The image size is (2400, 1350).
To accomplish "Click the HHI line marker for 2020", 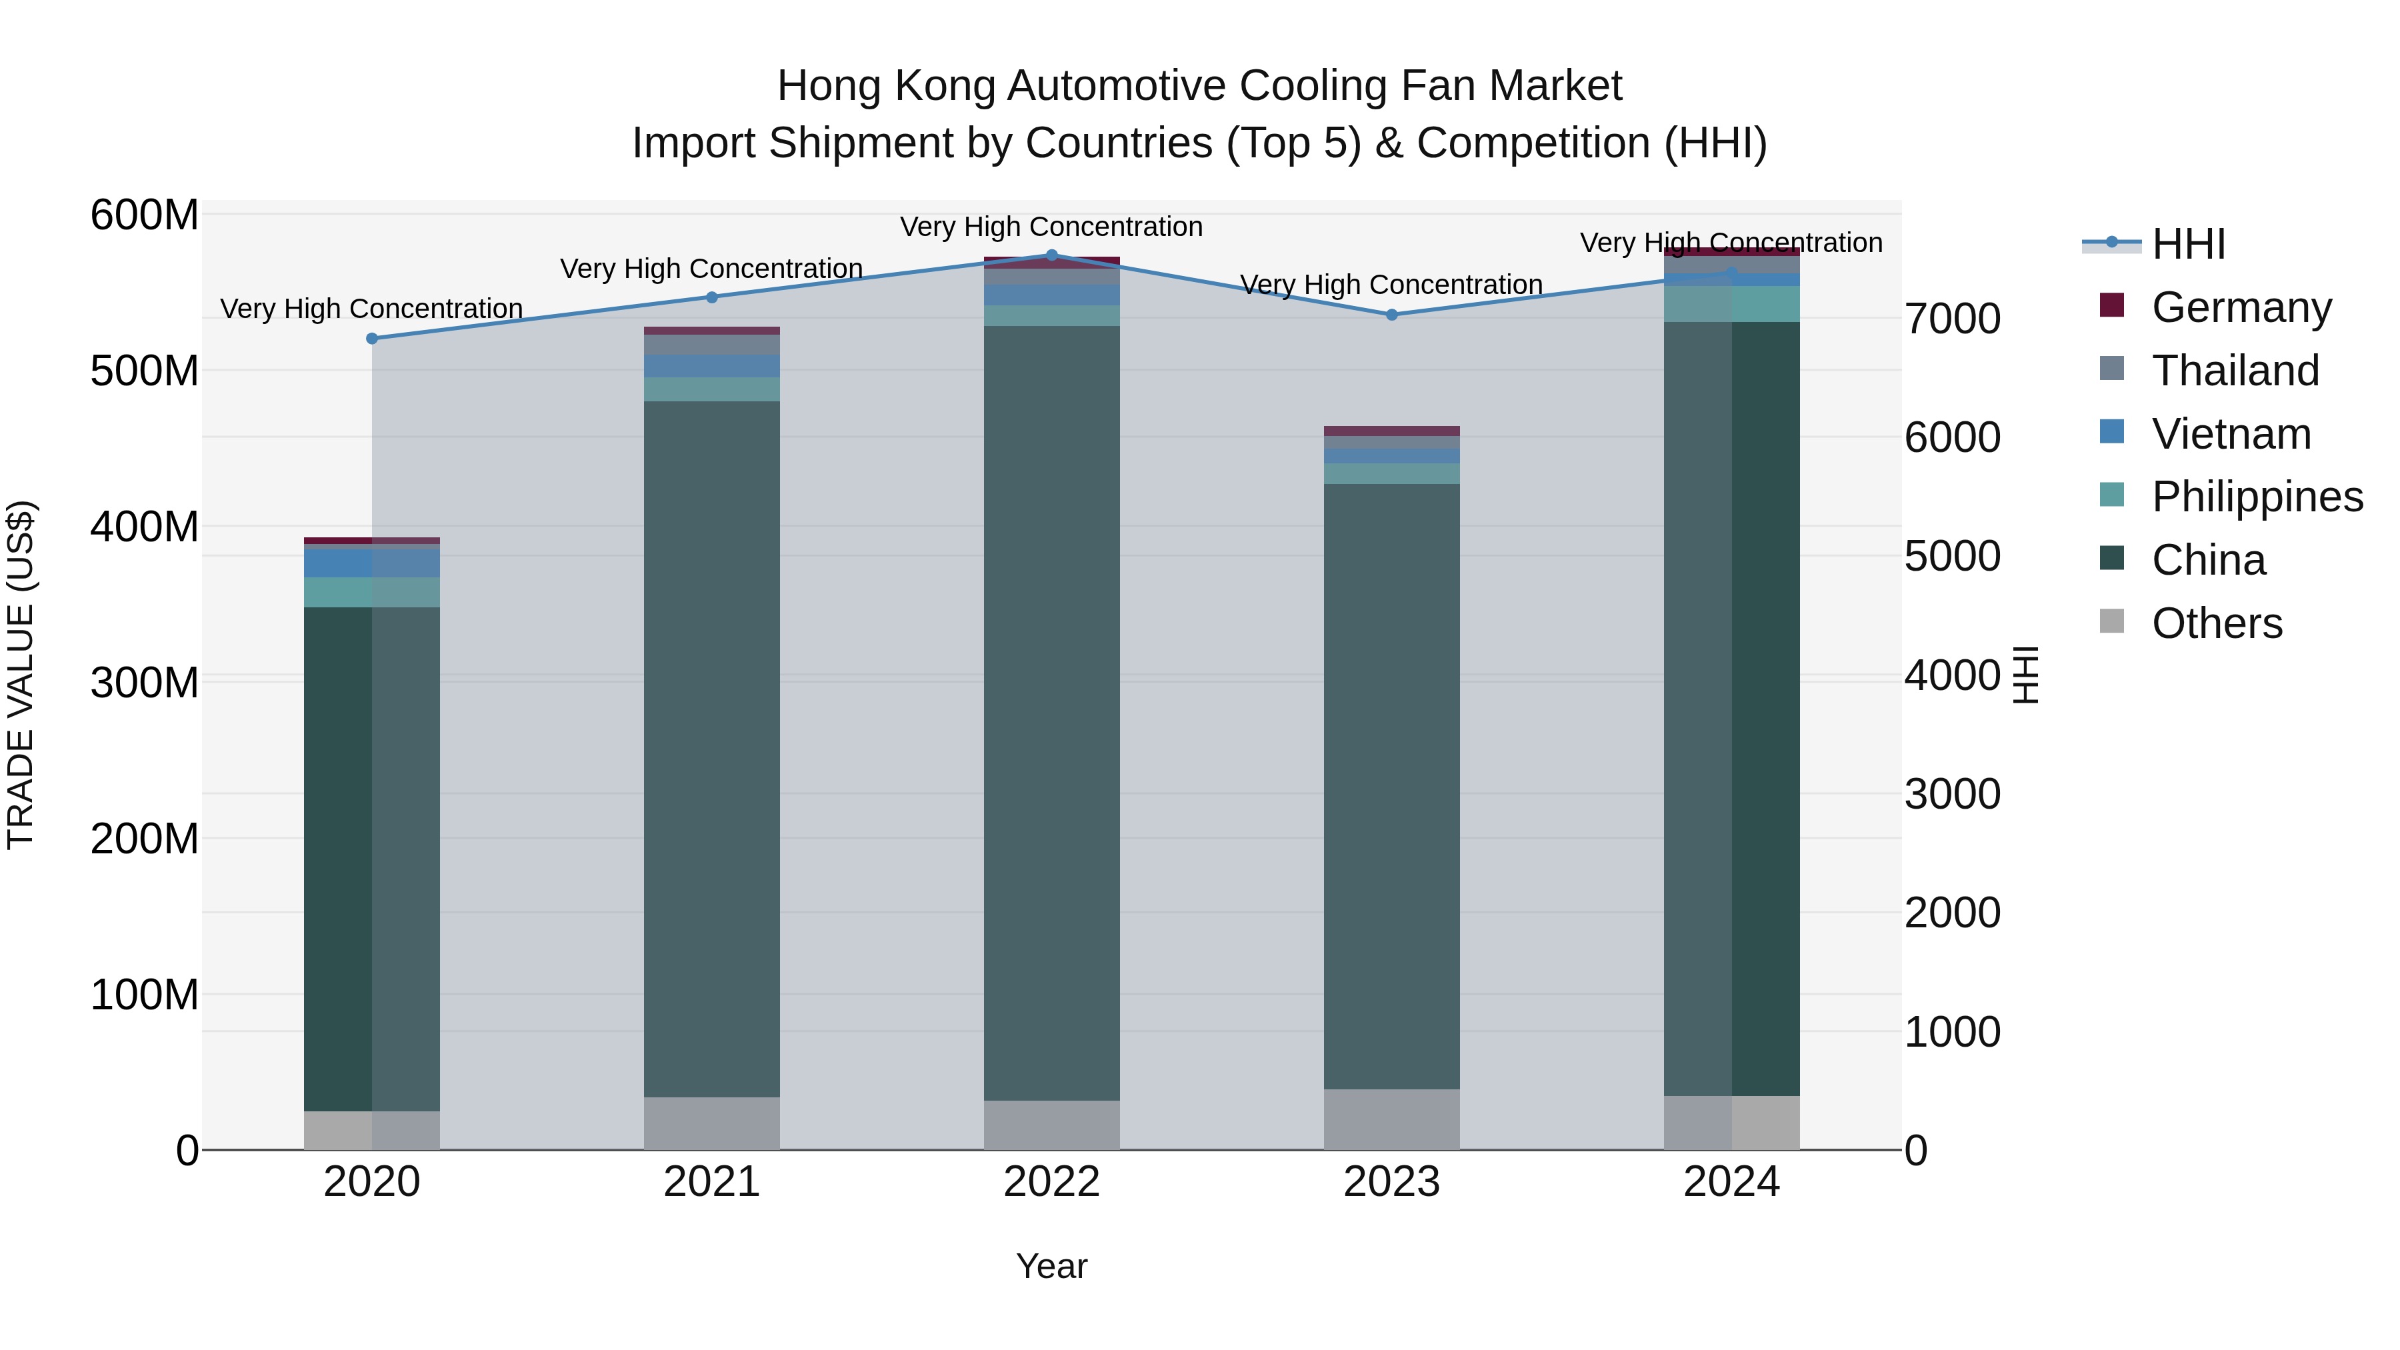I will [372, 338].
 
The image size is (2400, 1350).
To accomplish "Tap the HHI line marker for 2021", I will [712, 297].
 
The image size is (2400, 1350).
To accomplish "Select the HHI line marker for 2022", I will [1052, 255].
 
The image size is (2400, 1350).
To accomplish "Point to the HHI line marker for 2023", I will [1392, 315].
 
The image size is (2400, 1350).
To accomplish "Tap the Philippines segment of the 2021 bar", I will [712, 389].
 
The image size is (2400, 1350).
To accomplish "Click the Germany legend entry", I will [2241, 307].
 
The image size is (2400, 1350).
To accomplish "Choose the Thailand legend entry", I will [2234, 371].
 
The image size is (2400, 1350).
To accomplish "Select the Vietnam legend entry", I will [2231, 434].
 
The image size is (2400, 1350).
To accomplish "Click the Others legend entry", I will [2217, 623].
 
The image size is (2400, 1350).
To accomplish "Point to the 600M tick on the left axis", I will [145, 215].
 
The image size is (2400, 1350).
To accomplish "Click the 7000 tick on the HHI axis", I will [1952, 319].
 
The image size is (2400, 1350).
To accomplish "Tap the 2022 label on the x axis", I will [1052, 1182].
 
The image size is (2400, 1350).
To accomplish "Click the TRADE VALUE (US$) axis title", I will [21, 675].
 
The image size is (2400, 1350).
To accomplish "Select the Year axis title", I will [1052, 1266].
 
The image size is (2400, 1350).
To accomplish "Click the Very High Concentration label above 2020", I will [372, 309].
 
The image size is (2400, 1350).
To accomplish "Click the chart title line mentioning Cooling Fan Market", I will [1199, 86].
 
